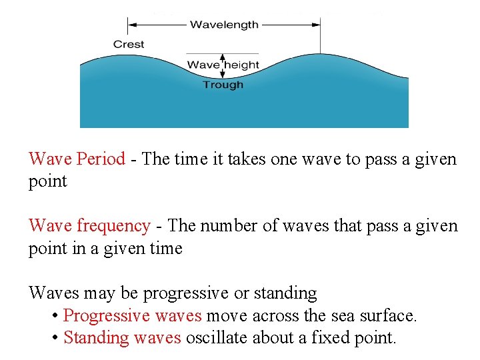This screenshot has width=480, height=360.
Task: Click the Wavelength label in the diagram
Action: [224, 25]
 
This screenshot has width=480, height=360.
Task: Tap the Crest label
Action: [129, 44]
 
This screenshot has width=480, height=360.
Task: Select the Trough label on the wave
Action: [223, 85]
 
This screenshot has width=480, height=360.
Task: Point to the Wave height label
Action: [223, 65]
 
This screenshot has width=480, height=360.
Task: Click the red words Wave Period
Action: [77, 159]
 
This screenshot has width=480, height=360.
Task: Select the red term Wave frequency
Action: [89, 226]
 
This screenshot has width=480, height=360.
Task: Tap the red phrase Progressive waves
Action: [132, 315]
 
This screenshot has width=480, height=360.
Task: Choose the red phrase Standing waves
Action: [122, 337]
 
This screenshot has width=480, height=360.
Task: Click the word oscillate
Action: [217, 337]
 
